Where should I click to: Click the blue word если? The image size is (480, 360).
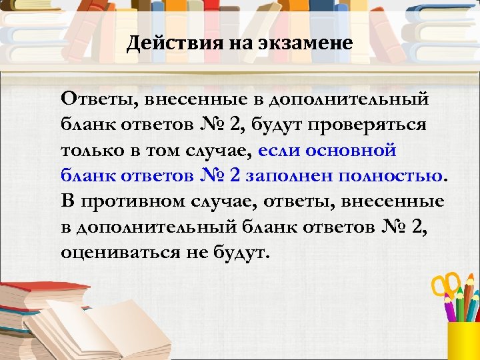pos(277,150)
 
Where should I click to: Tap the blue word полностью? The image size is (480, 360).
pos(391,175)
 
